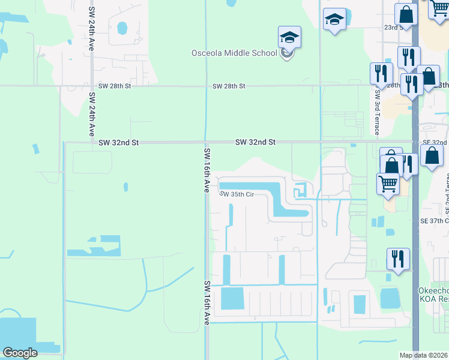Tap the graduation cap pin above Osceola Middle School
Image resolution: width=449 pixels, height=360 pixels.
[x=289, y=38]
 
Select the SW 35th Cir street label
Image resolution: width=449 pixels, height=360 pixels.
[x=238, y=194]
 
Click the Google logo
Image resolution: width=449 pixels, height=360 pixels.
[x=20, y=353]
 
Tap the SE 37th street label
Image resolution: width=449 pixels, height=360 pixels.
[x=434, y=221]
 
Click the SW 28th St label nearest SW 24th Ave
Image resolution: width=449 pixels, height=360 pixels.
[x=114, y=86]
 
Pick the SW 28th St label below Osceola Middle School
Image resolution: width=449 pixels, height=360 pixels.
[x=229, y=86]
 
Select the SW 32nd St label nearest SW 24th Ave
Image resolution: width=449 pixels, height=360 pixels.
[x=119, y=143]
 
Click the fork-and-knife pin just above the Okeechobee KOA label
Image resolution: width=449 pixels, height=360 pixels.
[x=398, y=259]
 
